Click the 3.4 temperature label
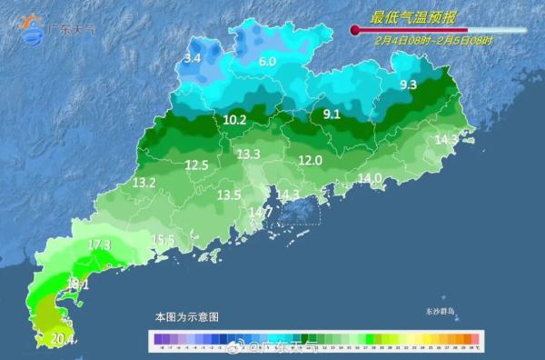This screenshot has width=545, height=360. (x=192, y=58)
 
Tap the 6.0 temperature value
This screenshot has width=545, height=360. (x=267, y=62)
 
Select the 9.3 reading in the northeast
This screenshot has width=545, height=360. (x=408, y=85)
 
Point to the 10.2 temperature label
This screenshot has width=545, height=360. (x=234, y=119)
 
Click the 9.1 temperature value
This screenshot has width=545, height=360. (x=332, y=115)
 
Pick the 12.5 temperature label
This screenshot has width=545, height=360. (x=197, y=165)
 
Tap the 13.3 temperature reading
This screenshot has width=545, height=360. (x=249, y=155)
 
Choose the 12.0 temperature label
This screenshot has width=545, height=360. (x=311, y=161)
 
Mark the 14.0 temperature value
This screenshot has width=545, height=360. (x=370, y=178)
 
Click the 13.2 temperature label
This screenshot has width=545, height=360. (x=144, y=183)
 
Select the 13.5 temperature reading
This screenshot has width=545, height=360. (x=229, y=195)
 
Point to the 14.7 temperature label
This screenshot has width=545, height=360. (x=260, y=213)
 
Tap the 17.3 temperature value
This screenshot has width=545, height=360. (x=99, y=245)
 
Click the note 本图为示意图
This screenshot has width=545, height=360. (x=186, y=317)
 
